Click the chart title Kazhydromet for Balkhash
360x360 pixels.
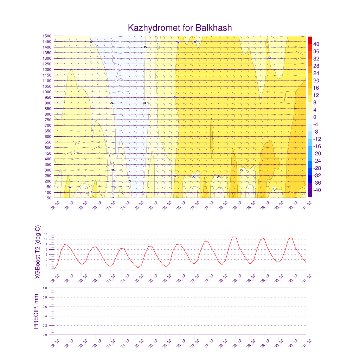180,28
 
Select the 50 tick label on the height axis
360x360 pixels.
50,198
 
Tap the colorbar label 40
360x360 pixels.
316,44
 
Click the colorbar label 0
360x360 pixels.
315,117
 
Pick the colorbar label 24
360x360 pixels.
316,73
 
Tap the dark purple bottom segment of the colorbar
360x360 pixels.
310,194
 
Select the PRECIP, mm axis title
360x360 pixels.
36,311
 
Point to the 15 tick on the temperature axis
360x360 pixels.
51,234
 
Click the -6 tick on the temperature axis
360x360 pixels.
51,270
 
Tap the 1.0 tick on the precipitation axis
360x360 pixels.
50,288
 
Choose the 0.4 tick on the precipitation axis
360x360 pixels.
50,316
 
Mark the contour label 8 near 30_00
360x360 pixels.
275,189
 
